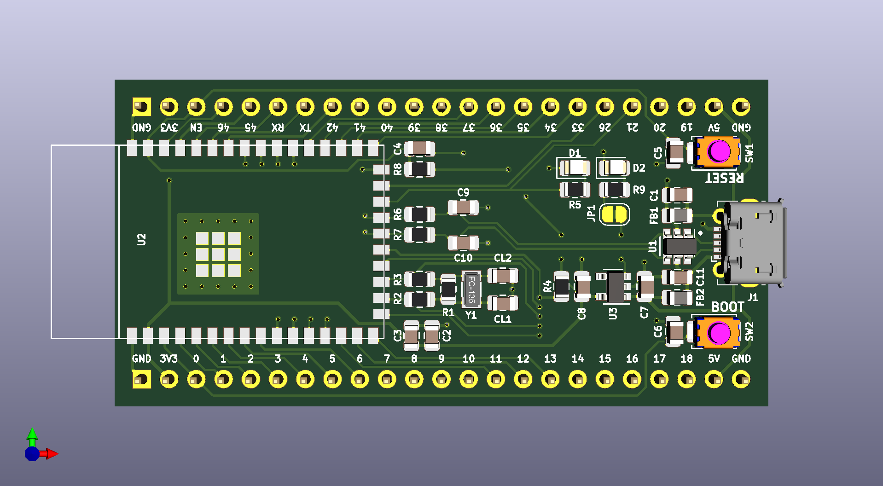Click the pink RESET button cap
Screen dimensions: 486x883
tap(718, 151)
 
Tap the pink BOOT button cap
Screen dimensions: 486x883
tap(718, 332)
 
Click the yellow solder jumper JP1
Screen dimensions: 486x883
tap(615, 214)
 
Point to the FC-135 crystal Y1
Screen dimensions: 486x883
tap(471, 289)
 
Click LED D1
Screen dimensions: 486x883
tap(574, 168)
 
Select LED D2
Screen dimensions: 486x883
tap(614, 168)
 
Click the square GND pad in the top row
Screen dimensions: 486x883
tap(141, 107)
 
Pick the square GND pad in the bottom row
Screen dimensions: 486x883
tap(141, 380)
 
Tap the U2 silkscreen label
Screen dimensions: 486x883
tap(141, 239)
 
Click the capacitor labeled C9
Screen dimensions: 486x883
tap(463, 208)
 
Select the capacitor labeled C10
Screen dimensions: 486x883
tap(463, 243)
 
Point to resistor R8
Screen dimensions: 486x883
tap(419, 169)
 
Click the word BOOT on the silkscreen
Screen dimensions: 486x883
tap(727, 307)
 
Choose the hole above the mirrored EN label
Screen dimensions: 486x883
tap(196, 107)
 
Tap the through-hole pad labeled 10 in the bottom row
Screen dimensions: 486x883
tap(469, 380)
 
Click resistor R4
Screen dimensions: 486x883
tap(561, 287)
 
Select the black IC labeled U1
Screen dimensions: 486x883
tap(679, 246)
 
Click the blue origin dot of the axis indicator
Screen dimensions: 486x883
tap(32, 454)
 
